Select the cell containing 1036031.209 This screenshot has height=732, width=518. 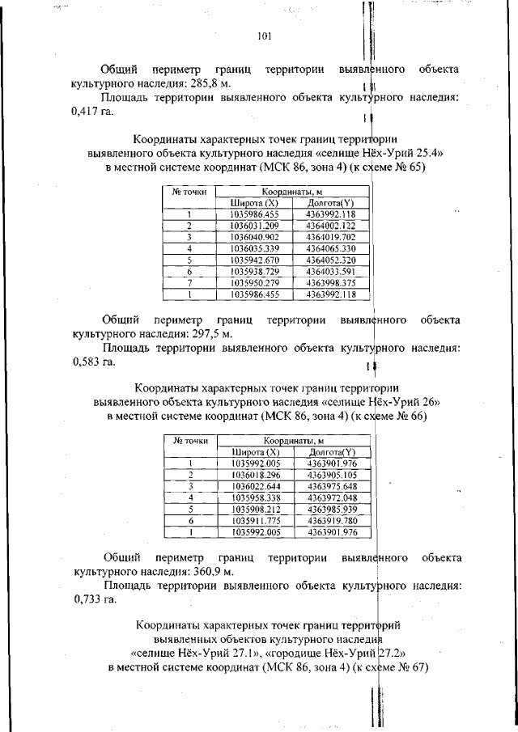254,226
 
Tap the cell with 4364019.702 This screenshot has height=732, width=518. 331,237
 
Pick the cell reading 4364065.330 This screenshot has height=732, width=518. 331,249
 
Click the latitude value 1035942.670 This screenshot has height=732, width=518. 254,260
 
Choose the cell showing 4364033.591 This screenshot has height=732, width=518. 331,272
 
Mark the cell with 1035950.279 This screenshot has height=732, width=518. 254,283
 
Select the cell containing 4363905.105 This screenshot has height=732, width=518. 331,475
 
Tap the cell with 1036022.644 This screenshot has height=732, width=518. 254,486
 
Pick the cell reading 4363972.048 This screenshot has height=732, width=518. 331,498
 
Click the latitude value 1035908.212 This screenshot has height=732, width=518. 254,510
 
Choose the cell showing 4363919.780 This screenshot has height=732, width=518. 331,521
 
